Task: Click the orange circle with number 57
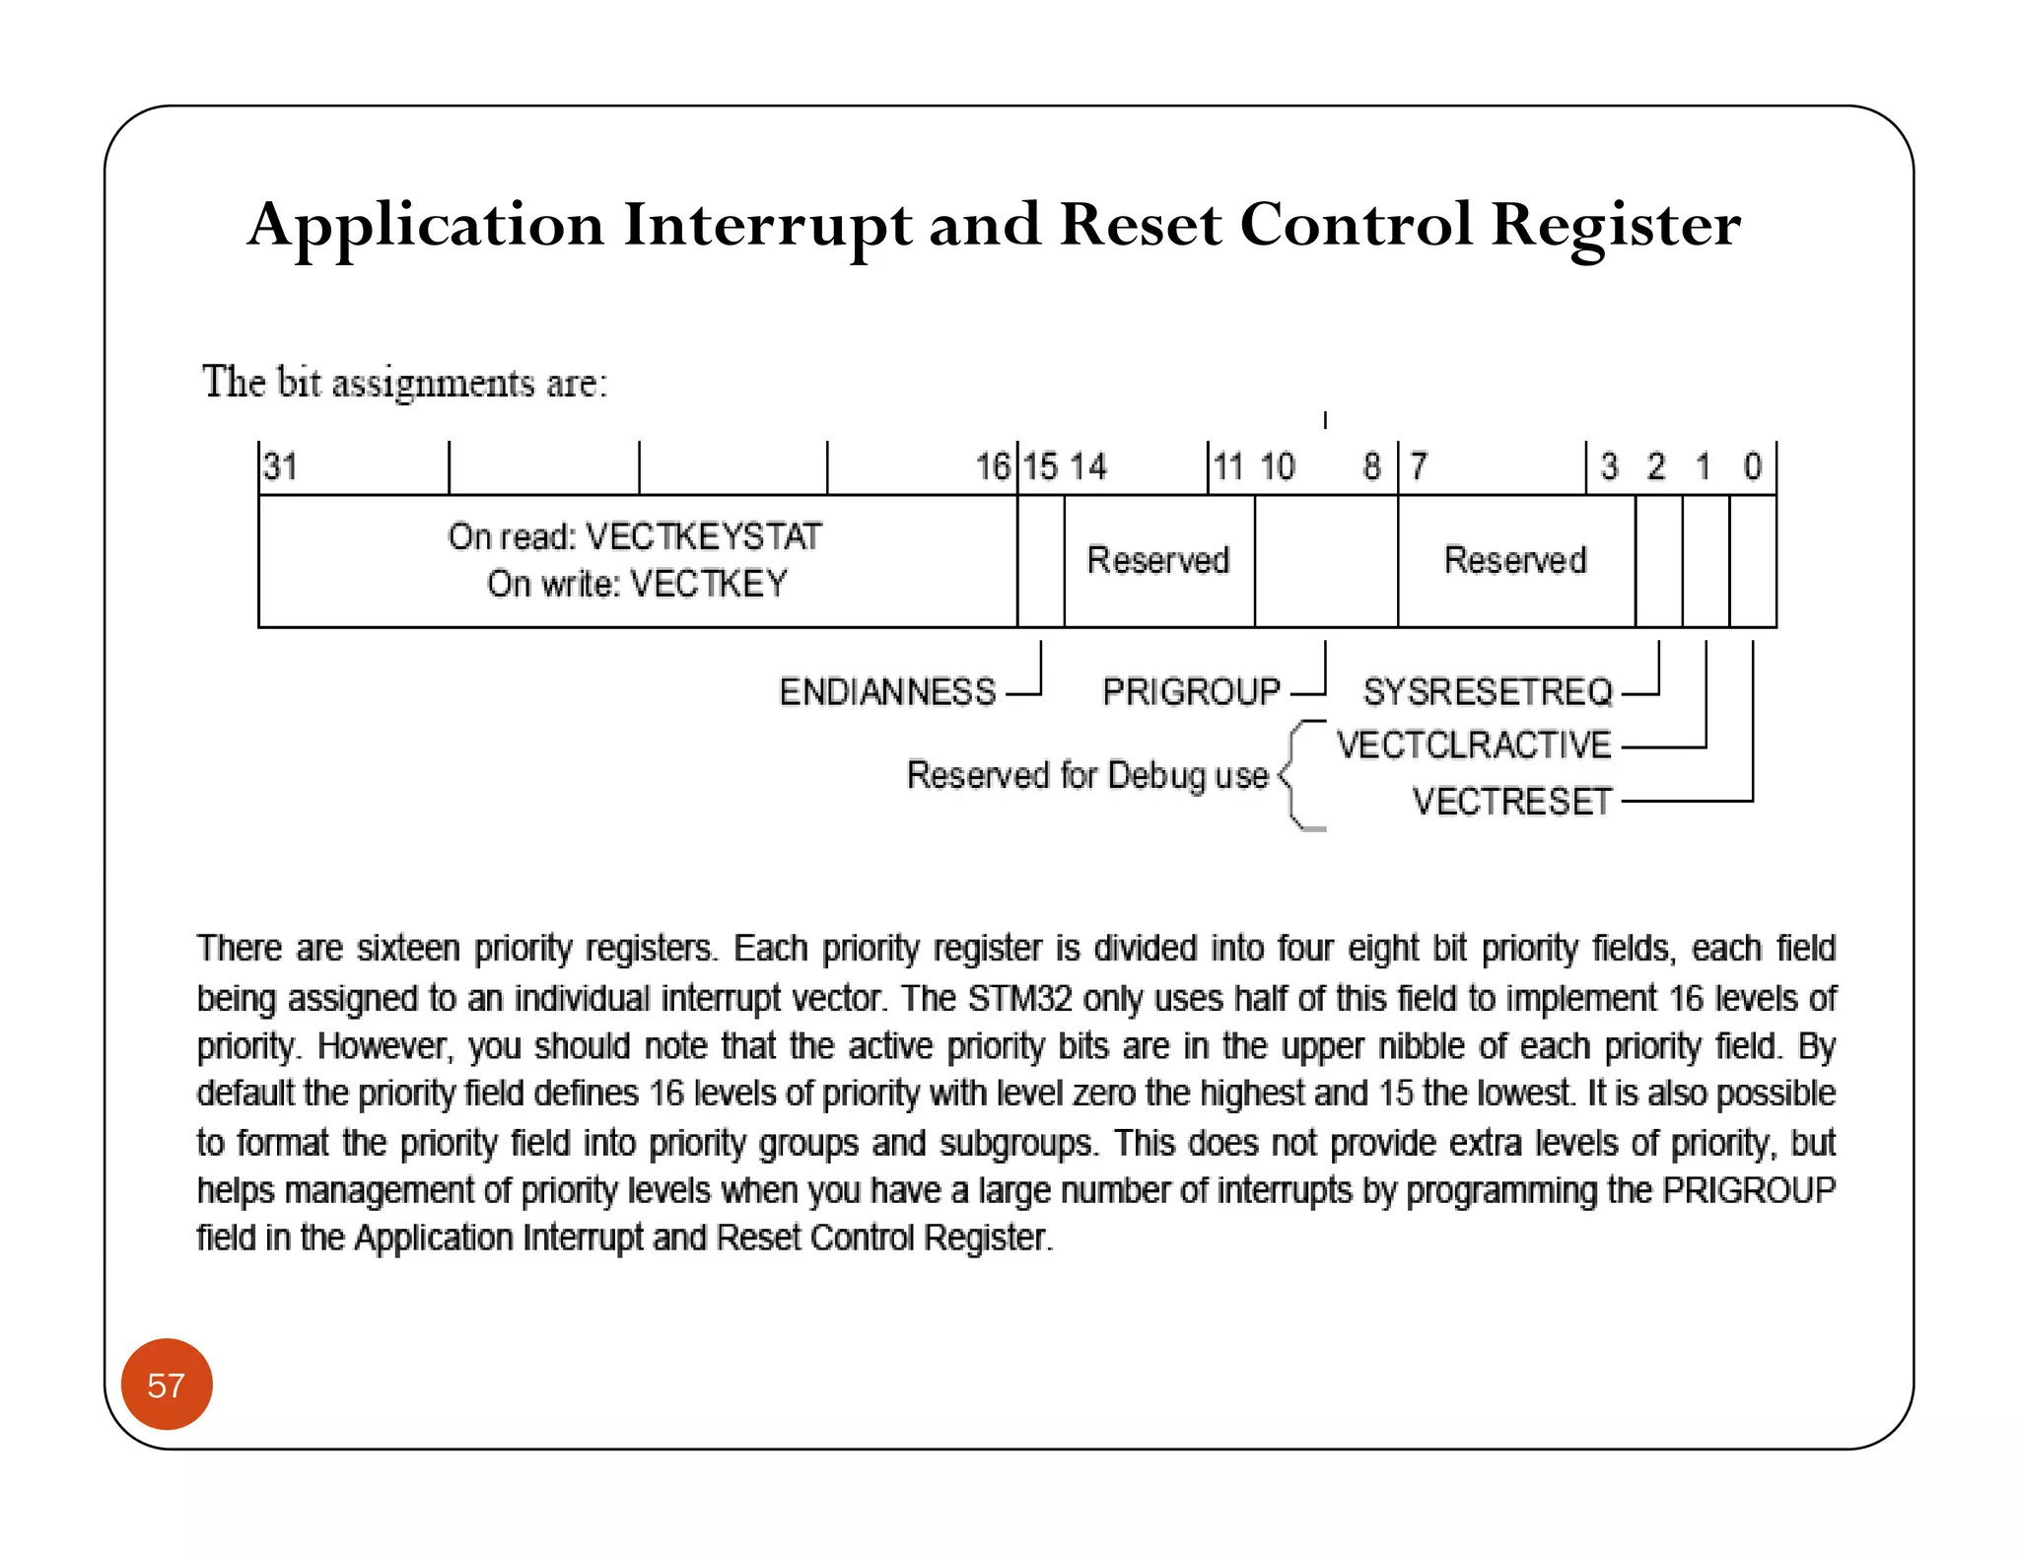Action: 167,1383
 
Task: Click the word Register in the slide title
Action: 1615,226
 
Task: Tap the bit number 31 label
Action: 281,466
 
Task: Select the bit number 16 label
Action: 993,466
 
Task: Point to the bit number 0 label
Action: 1752,466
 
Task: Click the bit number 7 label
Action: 1418,466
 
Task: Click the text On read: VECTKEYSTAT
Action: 634,536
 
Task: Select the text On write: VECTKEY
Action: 637,584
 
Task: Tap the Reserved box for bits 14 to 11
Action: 1158,560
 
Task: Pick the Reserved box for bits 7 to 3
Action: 1515,560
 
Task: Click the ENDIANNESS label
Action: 887,691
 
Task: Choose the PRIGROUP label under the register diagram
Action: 1191,691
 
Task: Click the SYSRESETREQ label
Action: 1488,691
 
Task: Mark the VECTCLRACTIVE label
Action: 1474,745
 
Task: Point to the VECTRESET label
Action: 1511,801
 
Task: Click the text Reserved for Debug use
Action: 1087,775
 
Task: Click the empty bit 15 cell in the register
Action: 1041,560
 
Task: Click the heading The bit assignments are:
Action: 405,383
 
